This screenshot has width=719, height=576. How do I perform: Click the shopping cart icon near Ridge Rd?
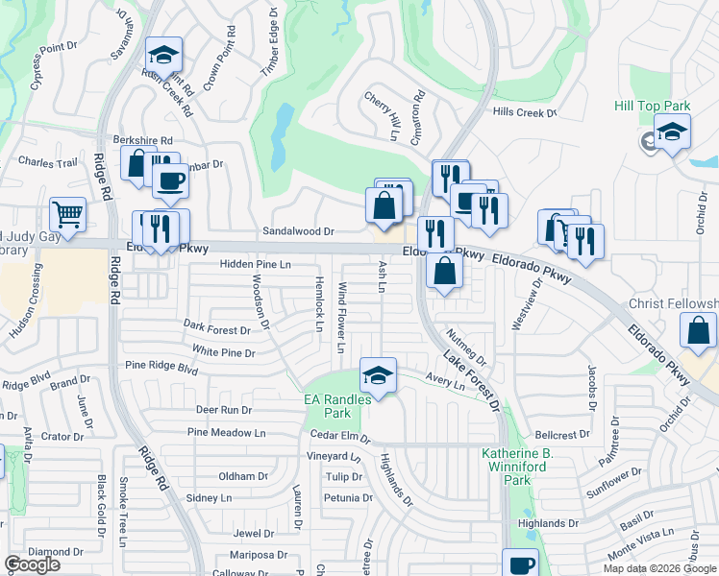(x=67, y=215)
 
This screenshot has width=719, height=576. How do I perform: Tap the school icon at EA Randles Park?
(x=379, y=375)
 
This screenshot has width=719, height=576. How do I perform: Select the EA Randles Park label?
(x=329, y=406)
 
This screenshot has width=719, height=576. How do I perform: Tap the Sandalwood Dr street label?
(x=298, y=231)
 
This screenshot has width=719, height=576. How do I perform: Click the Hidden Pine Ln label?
(x=255, y=263)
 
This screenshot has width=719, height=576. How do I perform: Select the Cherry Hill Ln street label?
(x=381, y=116)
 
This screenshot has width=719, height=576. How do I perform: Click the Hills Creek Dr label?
(x=524, y=112)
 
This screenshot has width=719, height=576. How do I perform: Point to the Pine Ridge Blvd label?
(x=161, y=367)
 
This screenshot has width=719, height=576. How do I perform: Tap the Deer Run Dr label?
(x=223, y=410)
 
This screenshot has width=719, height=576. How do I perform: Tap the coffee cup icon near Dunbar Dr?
(x=170, y=180)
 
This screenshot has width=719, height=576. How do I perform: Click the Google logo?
(x=32, y=564)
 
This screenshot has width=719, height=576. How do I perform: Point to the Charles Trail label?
(x=47, y=163)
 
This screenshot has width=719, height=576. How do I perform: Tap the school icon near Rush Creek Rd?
(x=164, y=55)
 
